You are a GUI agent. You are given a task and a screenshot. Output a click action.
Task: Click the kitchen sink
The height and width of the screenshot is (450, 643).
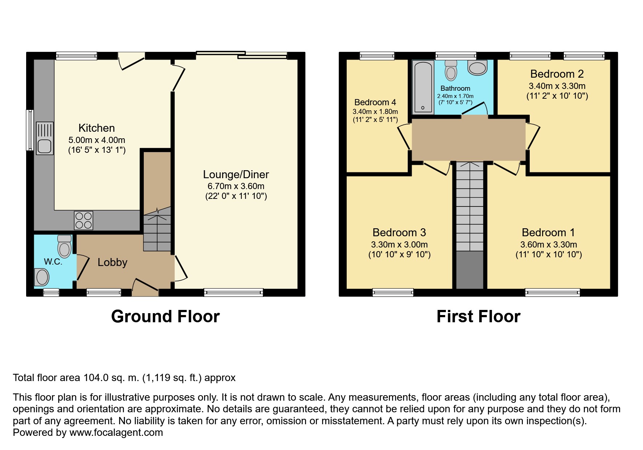point(45,138)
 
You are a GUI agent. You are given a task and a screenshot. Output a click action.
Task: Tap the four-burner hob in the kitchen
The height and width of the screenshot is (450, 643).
point(84,220)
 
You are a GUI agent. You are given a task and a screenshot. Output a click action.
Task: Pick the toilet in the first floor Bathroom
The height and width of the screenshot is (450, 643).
point(451,70)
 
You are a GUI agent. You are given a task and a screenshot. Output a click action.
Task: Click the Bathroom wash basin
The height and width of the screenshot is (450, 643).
point(477,67)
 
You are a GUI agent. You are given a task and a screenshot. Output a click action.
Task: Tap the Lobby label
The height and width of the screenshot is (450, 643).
point(113,262)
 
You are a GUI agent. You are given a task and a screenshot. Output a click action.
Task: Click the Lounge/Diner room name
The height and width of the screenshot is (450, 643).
point(236,175)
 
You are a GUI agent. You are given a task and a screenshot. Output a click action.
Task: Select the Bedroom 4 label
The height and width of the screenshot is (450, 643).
point(375,102)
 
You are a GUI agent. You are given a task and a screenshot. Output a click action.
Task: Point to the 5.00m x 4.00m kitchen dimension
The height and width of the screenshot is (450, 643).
point(97,140)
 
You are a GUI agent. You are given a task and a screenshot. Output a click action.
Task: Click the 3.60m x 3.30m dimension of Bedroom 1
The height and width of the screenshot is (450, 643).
point(549,245)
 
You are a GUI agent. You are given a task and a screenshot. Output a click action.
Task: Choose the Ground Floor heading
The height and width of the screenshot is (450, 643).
point(165,316)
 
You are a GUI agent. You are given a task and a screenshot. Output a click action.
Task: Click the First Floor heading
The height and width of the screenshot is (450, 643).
point(479,316)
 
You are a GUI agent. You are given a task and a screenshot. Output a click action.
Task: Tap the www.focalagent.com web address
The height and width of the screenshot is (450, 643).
point(116,433)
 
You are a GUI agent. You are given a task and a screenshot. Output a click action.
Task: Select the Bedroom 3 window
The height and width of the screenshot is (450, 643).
point(393,292)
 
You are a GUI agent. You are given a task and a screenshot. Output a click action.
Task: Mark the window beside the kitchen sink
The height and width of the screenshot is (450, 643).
point(30,130)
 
